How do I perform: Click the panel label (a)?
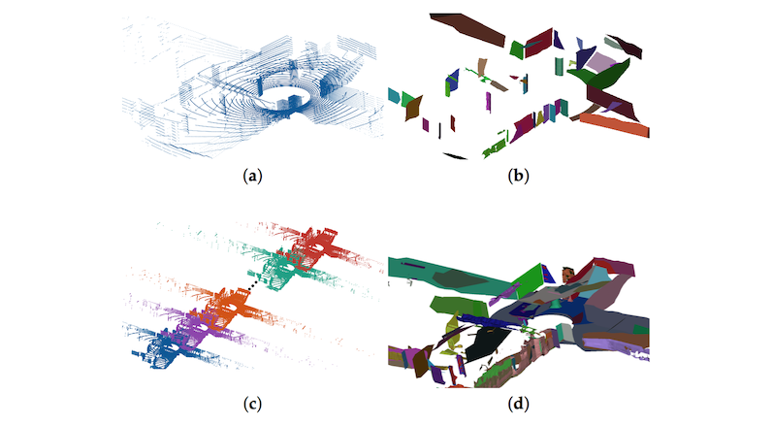coord(252,176)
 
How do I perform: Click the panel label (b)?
coord(518,176)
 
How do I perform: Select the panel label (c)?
coord(252,405)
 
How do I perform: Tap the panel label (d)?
coord(518,405)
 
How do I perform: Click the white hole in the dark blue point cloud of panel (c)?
coord(172,347)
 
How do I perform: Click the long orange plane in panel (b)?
coord(614,124)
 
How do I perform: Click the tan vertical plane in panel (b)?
coord(482,68)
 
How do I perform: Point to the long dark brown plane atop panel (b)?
coord(467,29)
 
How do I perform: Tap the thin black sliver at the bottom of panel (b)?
coord(455,156)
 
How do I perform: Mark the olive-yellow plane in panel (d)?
coord(451,329)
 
